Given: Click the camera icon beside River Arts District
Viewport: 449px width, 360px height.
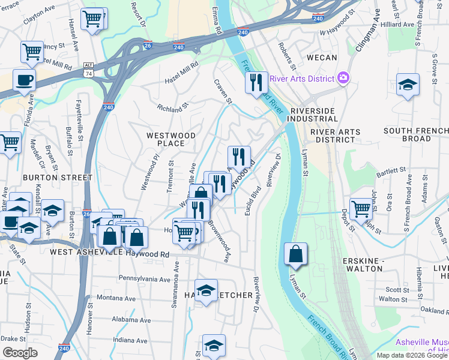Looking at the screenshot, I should click(x=343, y=77).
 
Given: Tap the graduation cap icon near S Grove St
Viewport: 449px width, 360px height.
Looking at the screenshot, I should click(x=408, y=85).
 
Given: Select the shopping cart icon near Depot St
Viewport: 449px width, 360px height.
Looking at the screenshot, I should click(x=360, y=209).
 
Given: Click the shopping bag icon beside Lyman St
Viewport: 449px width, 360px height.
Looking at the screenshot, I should click(x=295, y=254).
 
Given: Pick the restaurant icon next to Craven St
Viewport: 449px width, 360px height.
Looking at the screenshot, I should click(x=256, y=83).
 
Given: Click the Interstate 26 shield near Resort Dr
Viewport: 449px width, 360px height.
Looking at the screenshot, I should click(x=148, y=45).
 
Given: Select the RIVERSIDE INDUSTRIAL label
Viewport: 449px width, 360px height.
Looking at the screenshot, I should click(x=315, y=115).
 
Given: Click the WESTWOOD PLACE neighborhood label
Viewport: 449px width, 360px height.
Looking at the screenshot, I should click(x=171, y=140).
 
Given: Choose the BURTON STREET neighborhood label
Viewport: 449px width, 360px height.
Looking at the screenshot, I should click(x=58, y=178).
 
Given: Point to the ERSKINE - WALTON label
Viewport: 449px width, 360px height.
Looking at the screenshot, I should click(x=362, y=265).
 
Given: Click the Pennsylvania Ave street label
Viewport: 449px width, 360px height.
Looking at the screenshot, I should click(x=145, y=279).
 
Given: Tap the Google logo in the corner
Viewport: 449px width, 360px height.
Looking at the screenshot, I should click(x=20, y=353).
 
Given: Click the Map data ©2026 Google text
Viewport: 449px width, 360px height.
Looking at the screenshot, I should click(x=411, y=355).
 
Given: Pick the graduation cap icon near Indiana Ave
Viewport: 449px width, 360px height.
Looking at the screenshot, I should click(x=214, y=346).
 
